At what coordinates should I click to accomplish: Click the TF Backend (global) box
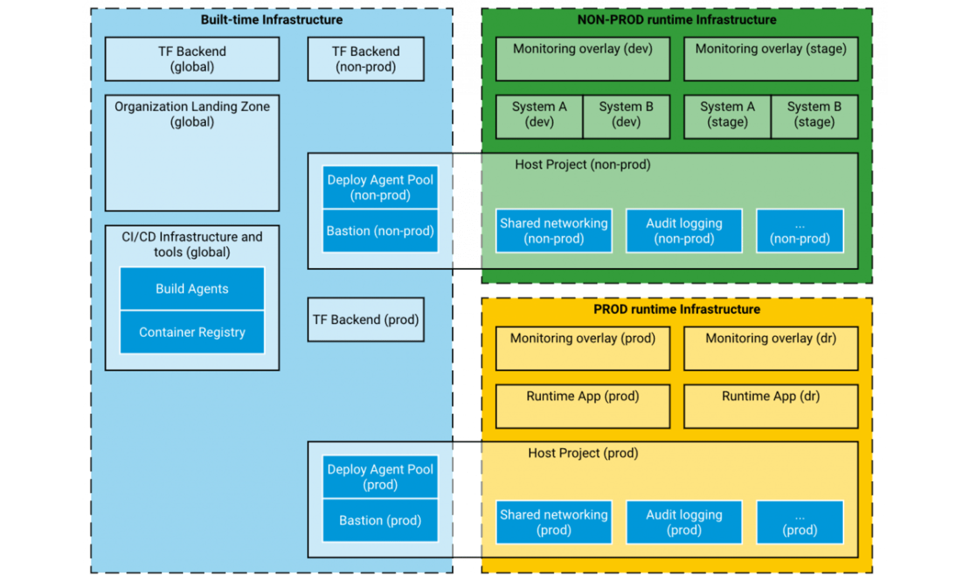click(192, 59)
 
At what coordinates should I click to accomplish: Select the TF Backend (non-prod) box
click(365, 59)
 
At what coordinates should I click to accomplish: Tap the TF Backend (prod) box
click(365, 320)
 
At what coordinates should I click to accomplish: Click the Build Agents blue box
click(192, 289)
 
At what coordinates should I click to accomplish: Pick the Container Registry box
click(192, 332)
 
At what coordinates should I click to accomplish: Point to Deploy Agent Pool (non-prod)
click(380, 187)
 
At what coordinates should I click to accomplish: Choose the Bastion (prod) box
click(380, 520)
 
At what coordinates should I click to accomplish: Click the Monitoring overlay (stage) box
click(771, 59)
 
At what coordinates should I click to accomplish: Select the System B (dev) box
click(626, 117)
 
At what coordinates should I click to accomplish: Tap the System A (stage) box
click(727, 117)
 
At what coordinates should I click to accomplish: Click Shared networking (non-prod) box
click(553, 231)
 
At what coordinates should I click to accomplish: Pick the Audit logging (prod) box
click(684, 522)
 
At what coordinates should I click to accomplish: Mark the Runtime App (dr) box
click(771, 406)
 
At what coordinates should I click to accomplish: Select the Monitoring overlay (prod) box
click(583, 348)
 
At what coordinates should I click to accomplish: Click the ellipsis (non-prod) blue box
click(800, 231)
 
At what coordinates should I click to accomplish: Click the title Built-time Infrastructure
click(272, 20)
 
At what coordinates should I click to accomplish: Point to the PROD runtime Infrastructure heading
click(677, 309)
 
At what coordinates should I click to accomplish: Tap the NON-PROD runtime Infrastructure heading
click(677, 20)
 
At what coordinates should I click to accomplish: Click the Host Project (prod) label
click(583, 453)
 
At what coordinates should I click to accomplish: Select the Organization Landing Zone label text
click(192, 114)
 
